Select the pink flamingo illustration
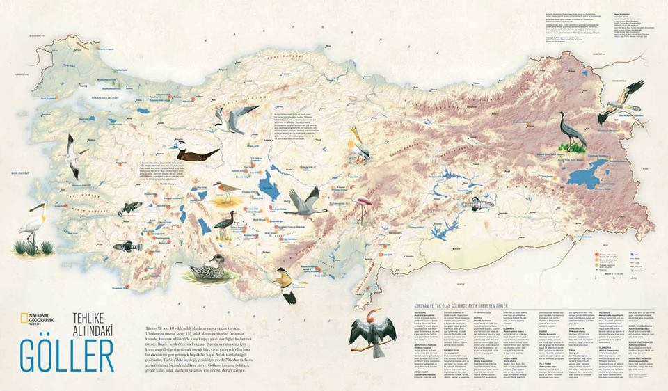coord(363,205)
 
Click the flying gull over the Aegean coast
coord(71,157)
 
